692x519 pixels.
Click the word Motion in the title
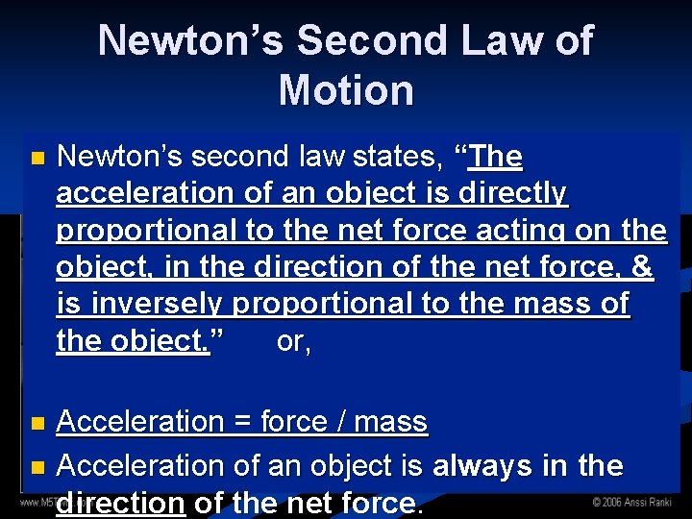(346, 90)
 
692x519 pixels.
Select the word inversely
(156, 304)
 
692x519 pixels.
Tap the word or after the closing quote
(292, 341)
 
